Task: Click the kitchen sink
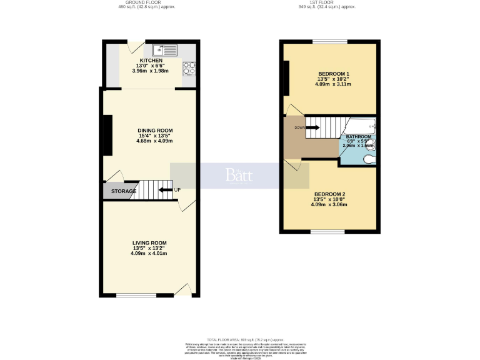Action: pos(164,49)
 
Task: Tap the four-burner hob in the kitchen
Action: pos(189,67)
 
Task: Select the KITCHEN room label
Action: pos(151,61)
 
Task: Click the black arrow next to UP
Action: pos(166,190)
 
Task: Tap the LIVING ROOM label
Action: pos(149,242)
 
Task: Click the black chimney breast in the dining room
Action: pos(107,136)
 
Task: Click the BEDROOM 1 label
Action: pos(334,74)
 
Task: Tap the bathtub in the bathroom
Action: pos(357,125)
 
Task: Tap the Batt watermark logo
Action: pos(239,176)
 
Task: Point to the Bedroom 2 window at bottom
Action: pos(329,232)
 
